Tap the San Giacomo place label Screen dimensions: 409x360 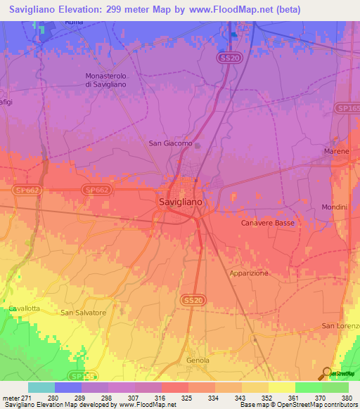[x=170, y=143]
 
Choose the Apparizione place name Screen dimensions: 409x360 [x=249, y=273]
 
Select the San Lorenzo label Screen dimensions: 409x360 [x=340, y=325]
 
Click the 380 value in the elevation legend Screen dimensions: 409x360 [x=348, y=397]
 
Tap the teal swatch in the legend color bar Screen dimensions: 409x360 [x=41, y=387]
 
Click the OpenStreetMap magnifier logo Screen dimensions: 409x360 [x=326, y=373]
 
